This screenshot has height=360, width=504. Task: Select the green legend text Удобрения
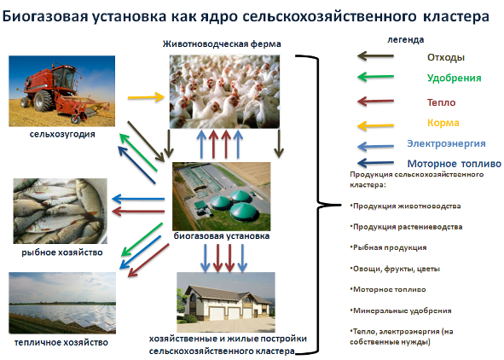(454, 78)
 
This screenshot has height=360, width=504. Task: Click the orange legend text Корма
(443, 122)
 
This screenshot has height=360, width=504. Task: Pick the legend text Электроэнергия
(446, 143)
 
